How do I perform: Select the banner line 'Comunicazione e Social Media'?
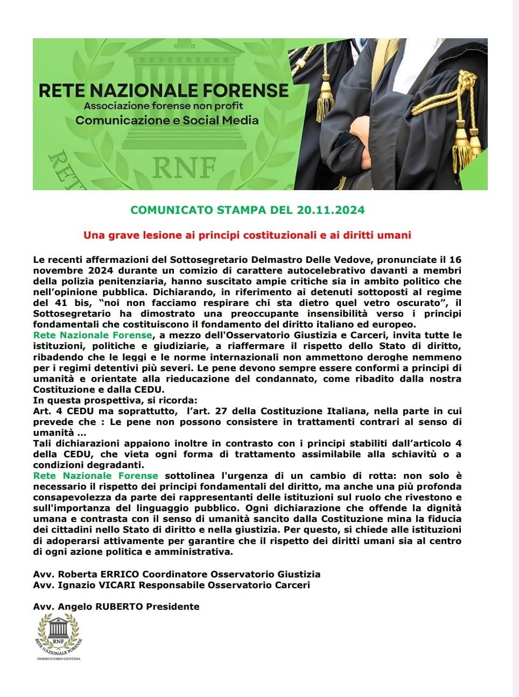[167, 120]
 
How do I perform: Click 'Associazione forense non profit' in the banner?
[164, 106]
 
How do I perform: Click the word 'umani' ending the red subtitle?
[397, 235]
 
